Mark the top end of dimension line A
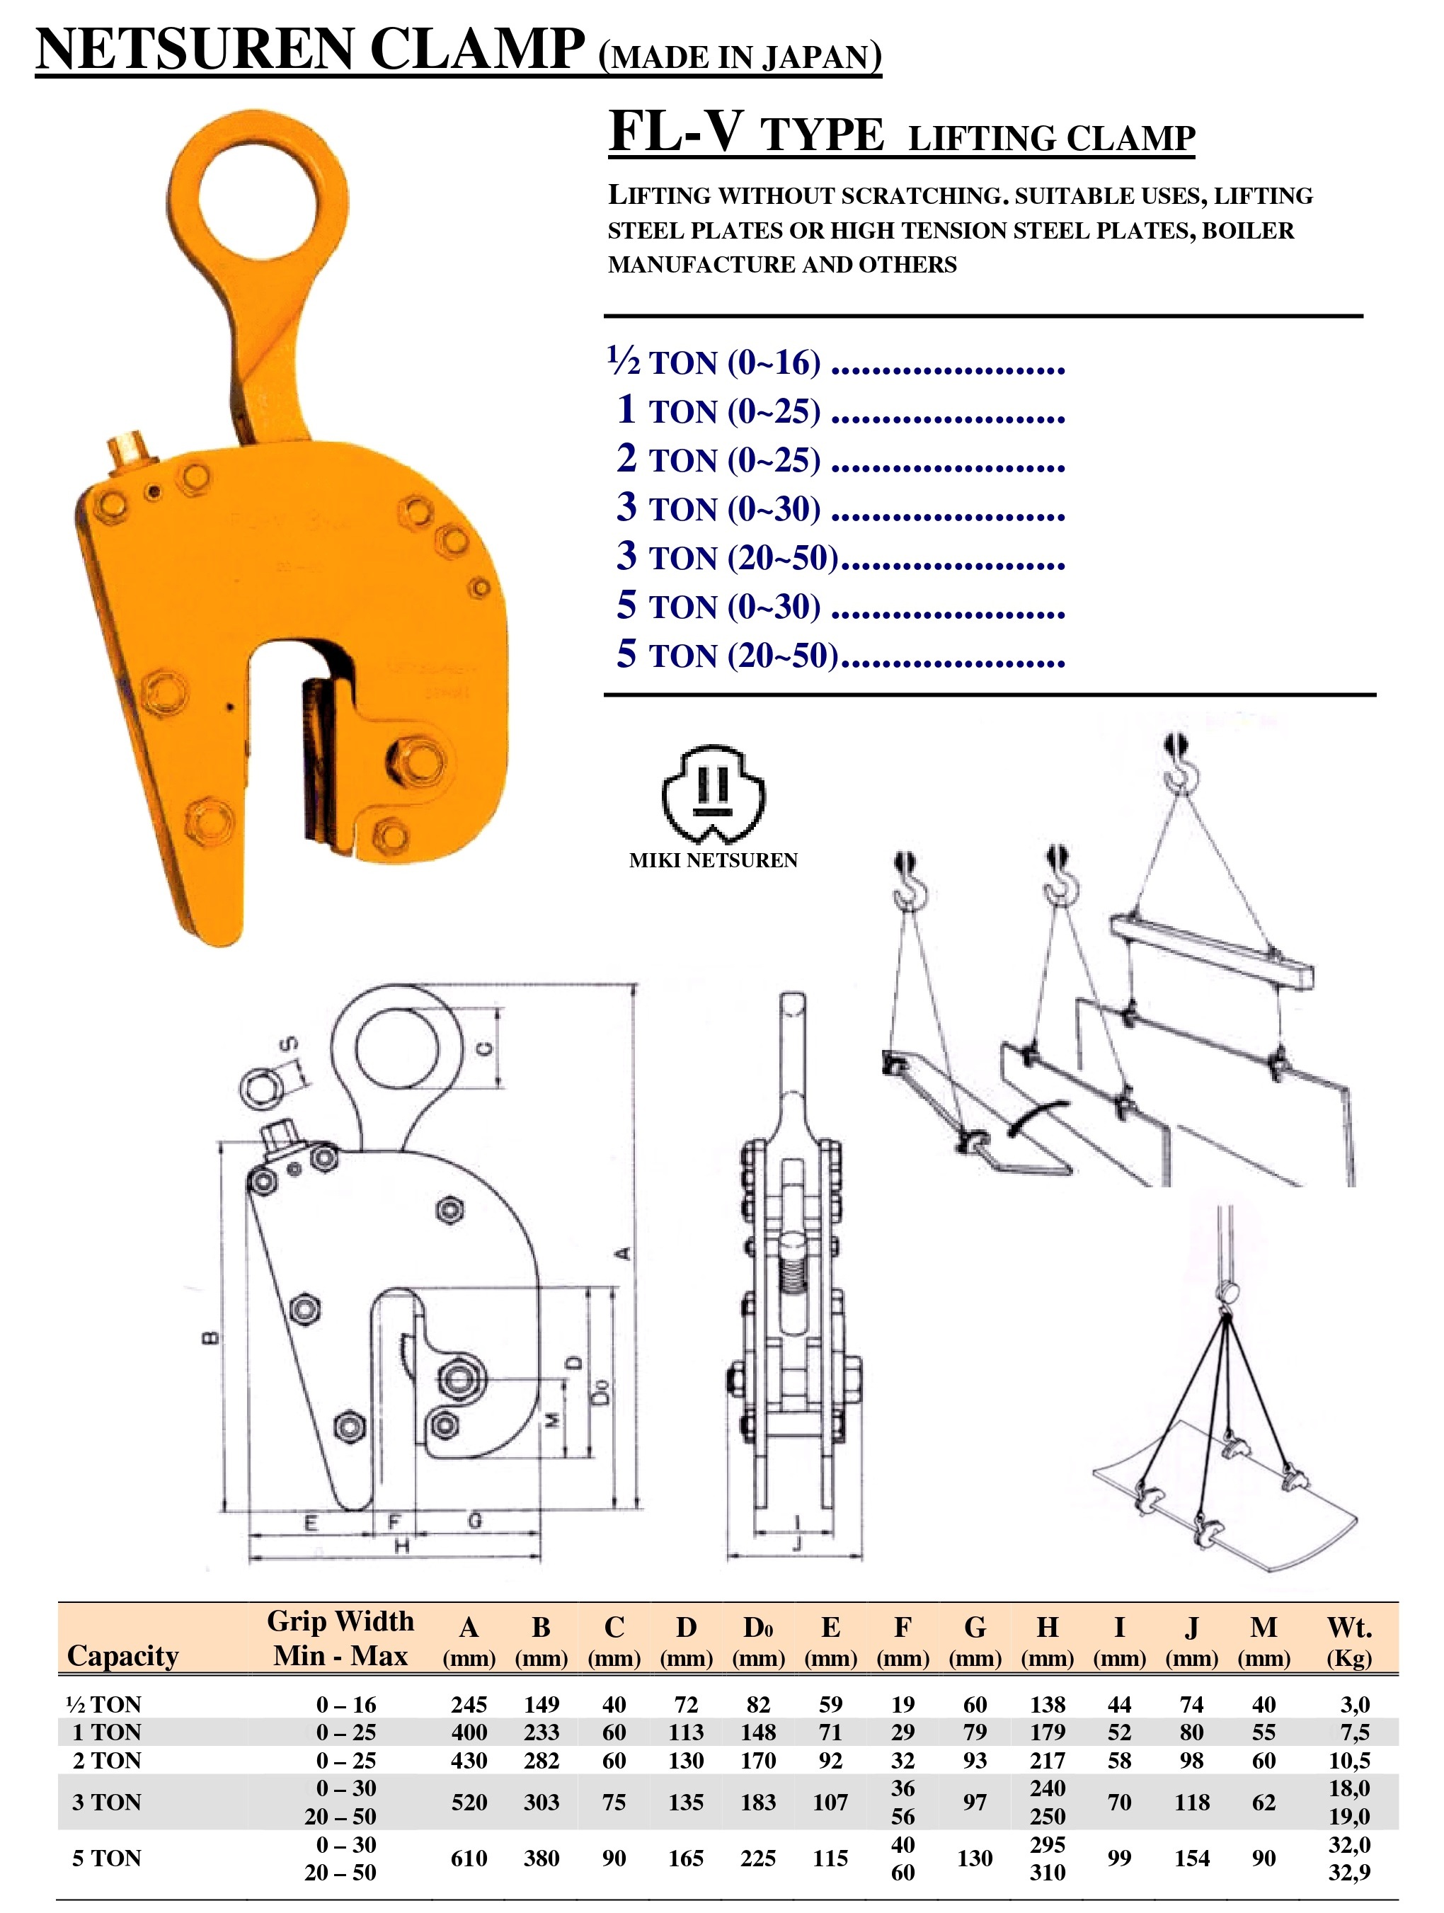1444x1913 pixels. [x=636, y=984]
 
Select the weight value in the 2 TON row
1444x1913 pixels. [x=1349, y=1760]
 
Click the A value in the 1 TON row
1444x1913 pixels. [x=469, y=1731]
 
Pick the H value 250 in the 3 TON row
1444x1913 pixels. [x=1047, y=1816]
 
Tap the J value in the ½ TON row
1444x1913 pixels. [x=1191, y=1703]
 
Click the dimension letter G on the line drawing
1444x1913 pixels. [x=475, y=1519]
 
